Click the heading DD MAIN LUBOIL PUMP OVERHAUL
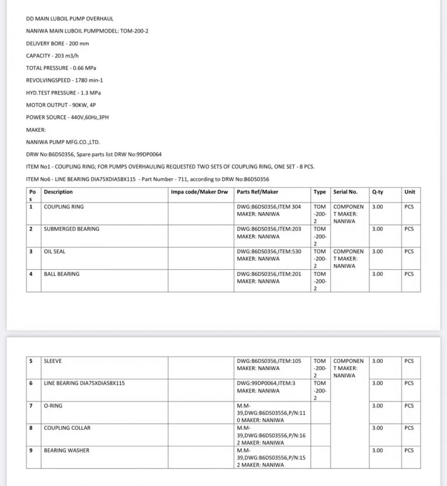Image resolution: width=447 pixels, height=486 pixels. (69, 19)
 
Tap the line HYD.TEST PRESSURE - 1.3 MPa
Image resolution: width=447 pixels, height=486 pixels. (63, 93)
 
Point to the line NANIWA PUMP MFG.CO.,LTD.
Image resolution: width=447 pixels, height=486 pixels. (63, 142)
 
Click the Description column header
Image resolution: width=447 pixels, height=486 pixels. (58, 192)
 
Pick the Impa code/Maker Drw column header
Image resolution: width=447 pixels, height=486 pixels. (199, 192)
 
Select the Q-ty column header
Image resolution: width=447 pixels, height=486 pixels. (378, 192)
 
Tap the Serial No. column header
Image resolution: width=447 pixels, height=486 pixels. (345, 192)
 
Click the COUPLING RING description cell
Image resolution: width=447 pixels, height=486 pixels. (64, 207)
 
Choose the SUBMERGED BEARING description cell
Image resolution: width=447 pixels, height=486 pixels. (72, 229)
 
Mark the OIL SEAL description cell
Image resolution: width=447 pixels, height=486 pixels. (55, 252)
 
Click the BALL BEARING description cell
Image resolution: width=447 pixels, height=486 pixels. (62, 274)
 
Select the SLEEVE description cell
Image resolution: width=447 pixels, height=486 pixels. (53, 361)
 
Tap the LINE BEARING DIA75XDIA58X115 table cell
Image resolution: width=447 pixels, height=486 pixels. (84, 383)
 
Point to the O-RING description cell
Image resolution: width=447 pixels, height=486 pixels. (53, 406)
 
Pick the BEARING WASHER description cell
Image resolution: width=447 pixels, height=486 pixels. (66, 450)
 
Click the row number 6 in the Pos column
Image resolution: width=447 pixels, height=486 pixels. (31, 383)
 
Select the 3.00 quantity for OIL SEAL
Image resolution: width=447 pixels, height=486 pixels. (377, 252)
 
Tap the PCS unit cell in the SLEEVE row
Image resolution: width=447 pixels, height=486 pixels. (409, 361)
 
